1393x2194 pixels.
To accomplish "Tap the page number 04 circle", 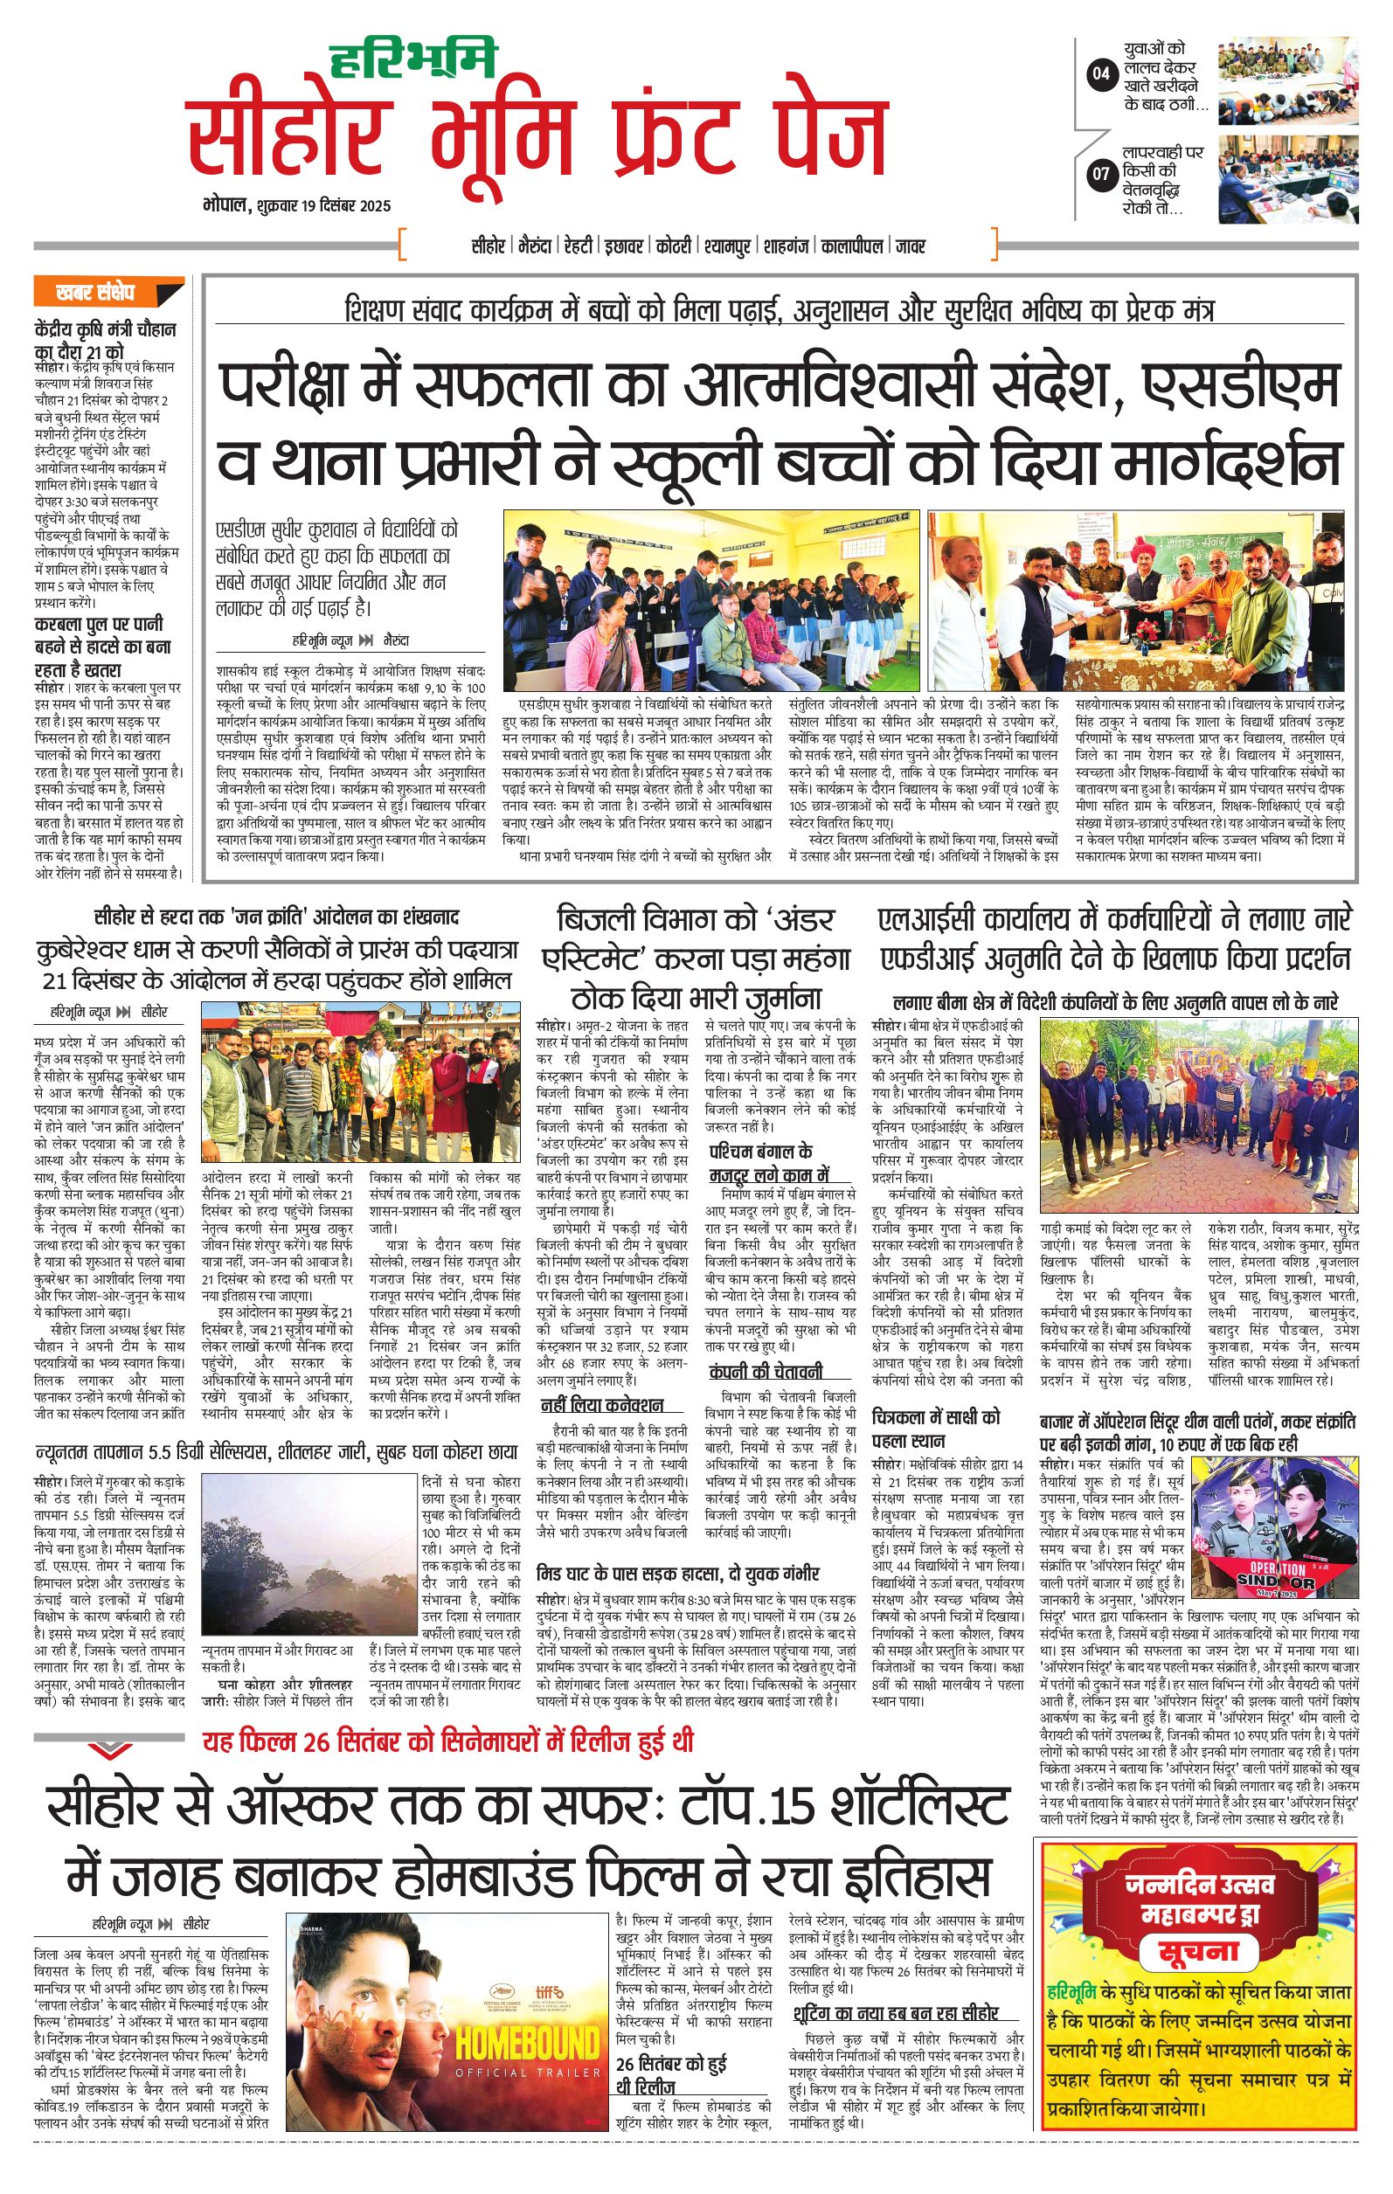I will pos(1101,73).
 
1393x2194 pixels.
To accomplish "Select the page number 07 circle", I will pos(1101,172).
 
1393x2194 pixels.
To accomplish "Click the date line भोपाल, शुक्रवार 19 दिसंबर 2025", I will pos(297,206).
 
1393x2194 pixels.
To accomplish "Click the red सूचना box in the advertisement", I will pos(1198,1953).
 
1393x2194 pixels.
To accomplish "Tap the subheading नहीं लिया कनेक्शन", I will pos(601,1405).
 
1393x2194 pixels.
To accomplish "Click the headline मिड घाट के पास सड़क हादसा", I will pos(678,1574).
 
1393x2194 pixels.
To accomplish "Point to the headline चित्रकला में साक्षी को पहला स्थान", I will pos(935,1429).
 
